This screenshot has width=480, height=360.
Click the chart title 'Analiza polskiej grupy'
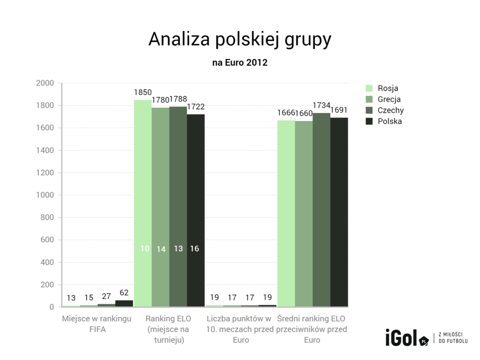click(x=240, y=40)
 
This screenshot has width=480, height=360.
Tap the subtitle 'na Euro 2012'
click(x=240, y=62)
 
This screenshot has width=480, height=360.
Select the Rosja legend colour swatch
click(x=369, y=88)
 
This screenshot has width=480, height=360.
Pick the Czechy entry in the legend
click(x=390, y=110)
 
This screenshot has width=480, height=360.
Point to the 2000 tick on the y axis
click(x=45, y=83)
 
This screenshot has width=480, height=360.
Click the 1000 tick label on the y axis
click(x=45, y=195)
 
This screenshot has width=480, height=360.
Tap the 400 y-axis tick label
click(x=47, y=262)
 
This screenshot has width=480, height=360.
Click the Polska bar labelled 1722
click(x=196, y=210)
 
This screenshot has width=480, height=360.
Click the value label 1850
click(x=142, y=93)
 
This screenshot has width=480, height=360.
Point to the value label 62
click(x=124, y=292)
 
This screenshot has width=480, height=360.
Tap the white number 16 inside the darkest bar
click(x=195, y=249)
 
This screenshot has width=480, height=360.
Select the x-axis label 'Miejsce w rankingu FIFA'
click(x=97, y=323)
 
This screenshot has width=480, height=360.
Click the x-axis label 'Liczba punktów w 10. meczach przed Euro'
click(x=240, y=329)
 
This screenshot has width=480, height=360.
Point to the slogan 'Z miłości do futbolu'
click(x=453, y=337)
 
